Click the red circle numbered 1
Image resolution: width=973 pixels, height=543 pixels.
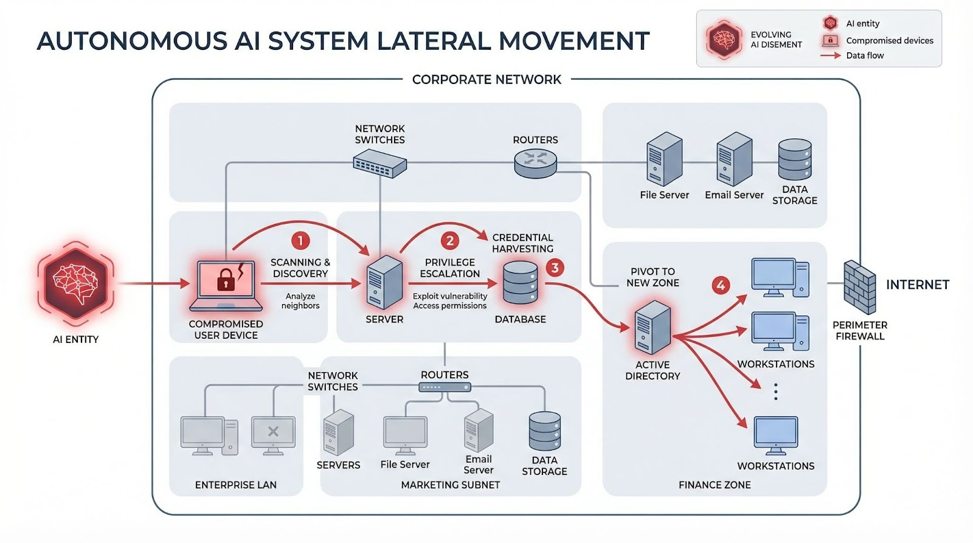click(300, 241)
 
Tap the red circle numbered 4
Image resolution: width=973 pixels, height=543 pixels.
click(721, 285)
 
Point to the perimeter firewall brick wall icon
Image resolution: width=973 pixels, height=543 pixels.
click(859, 287)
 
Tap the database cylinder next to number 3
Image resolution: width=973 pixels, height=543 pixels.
click(521, 283)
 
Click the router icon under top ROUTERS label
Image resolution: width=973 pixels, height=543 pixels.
click(535, 162)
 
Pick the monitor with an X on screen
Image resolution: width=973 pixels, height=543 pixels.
click(273, 434)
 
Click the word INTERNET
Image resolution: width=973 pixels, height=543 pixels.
click(917, 285)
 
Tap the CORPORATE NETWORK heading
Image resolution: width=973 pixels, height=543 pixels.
click(486, 80)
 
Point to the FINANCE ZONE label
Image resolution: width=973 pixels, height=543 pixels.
click(715, 485)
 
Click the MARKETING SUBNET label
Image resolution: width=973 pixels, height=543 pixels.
click(450, 485)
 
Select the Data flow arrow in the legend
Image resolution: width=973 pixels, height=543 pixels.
click(830, 55)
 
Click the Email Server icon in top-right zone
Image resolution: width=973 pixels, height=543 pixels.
click(734, 159)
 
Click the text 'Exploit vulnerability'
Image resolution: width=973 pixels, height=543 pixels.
click(450, 296)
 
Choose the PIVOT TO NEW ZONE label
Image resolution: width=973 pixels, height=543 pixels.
click(653, 277)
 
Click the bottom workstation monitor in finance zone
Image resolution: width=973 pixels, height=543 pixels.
click(775, 434)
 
